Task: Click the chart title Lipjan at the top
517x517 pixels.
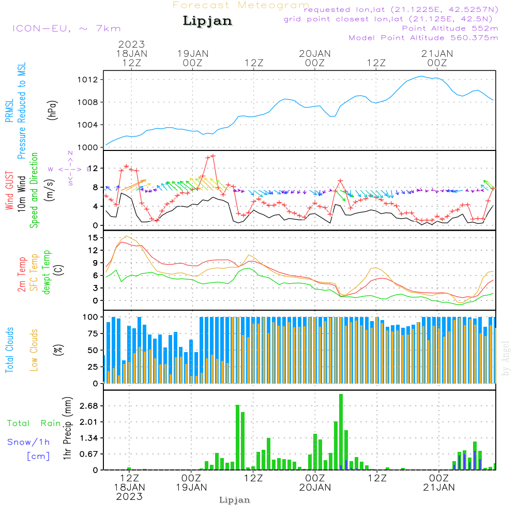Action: pos(207,21)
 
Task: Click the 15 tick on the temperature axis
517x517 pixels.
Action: pos(94,237)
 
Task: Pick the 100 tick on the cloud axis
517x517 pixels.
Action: pos(91,317)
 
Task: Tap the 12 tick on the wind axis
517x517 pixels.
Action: pos(94,169)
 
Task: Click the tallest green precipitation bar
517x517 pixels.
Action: pos(341,432)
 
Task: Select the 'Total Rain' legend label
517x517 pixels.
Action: pos(34,423)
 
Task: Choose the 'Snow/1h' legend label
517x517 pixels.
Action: pos(29,442)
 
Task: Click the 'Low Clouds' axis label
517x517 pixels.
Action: pos(35,349)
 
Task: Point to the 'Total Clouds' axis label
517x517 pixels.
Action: pos(9,349)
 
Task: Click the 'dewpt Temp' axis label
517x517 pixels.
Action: pos(47,272)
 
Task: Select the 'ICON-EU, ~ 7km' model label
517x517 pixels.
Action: pos(66,28)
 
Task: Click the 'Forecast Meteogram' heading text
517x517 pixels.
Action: pos(241,5)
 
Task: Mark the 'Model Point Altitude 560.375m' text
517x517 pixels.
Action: pos(423,38)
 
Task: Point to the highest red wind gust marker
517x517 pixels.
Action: pos(213,156)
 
